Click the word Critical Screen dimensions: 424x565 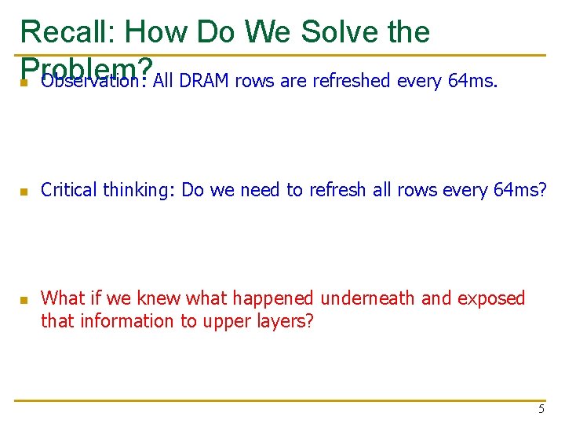[x=69, y=190]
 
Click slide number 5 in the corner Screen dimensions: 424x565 [x=541, y=409]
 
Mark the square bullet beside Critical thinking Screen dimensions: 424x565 [x=24, y=192]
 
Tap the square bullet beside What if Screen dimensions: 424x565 [x=24, y=300]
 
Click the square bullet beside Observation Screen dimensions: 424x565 [x=24, y=82]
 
